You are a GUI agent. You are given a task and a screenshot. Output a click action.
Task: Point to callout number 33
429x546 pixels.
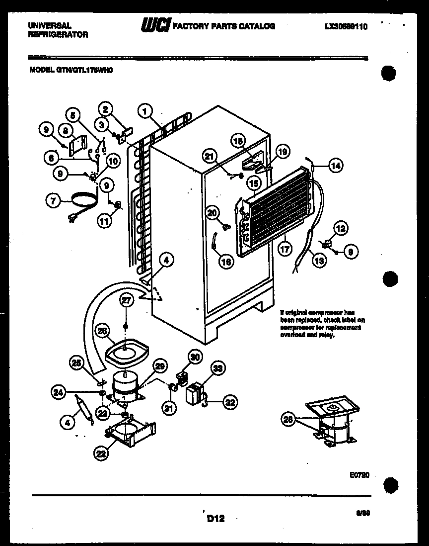[x=216, y=368]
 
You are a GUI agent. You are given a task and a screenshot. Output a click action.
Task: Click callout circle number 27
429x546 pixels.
[x=126, y=299]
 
